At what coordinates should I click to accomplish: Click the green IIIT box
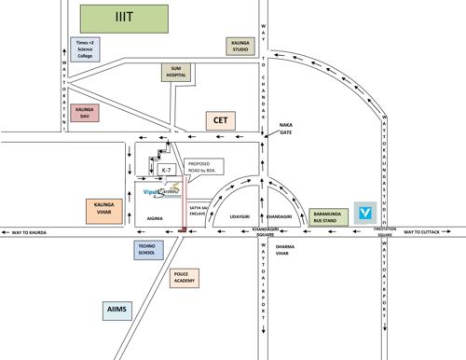125,17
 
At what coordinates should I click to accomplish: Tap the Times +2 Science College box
86,48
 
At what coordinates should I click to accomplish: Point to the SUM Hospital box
175,72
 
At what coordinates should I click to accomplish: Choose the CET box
221,120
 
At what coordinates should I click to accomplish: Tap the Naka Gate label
285,129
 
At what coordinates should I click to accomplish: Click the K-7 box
166,172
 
